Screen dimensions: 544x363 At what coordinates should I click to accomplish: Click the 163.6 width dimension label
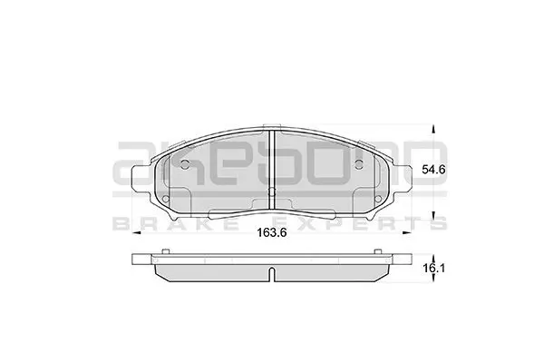(x=271, y=232)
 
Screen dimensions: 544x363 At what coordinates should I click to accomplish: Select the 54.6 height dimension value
(x=433, y=170)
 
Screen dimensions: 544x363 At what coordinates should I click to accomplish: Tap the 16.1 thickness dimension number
(x=433, y=269)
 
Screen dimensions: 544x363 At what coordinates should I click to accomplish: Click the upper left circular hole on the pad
(x=185, y=164)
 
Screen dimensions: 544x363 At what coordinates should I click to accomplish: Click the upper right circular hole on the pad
(x=359, y=164)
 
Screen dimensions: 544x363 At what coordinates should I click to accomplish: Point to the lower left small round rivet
(x=166, y=199)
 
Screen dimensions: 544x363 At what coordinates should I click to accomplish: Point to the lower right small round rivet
(x=378, y=199)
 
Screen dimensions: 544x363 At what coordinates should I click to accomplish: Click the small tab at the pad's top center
(x=272, y=126)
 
